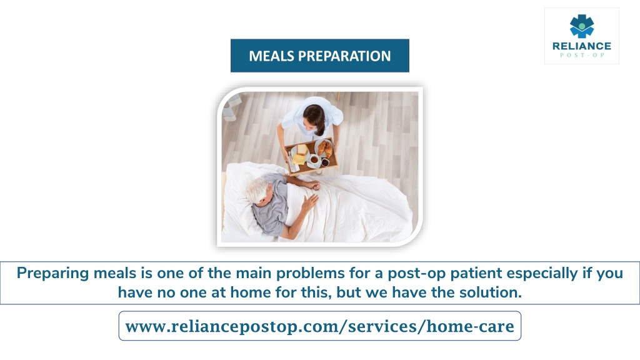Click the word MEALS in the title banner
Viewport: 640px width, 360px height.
coord(271,56)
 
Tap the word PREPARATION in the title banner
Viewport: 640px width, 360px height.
coord(344,56)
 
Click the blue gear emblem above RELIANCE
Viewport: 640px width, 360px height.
coord(582,26)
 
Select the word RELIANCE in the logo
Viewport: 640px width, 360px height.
coord(582,46)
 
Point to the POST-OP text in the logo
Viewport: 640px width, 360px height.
coord(582,55)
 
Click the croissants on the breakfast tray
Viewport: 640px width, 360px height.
coord(325,148)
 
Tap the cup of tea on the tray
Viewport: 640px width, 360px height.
coord(314,159)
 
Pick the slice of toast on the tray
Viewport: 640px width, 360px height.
coord(302,150)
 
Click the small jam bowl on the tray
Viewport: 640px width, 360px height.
coord(325,162)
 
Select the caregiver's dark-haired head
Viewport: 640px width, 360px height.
coord(314,117)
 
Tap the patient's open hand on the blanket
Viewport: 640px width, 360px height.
coord(310,202)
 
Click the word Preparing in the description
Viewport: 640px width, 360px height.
coord(53,273)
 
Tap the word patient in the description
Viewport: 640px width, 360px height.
coord(476,274)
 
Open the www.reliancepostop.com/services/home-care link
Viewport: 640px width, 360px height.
coord(319,326)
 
